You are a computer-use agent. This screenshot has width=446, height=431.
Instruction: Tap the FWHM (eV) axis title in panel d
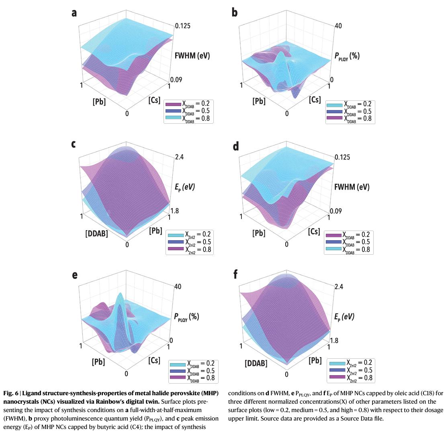click(352, 187)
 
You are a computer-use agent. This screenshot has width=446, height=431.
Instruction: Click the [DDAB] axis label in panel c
click(97, 233)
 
